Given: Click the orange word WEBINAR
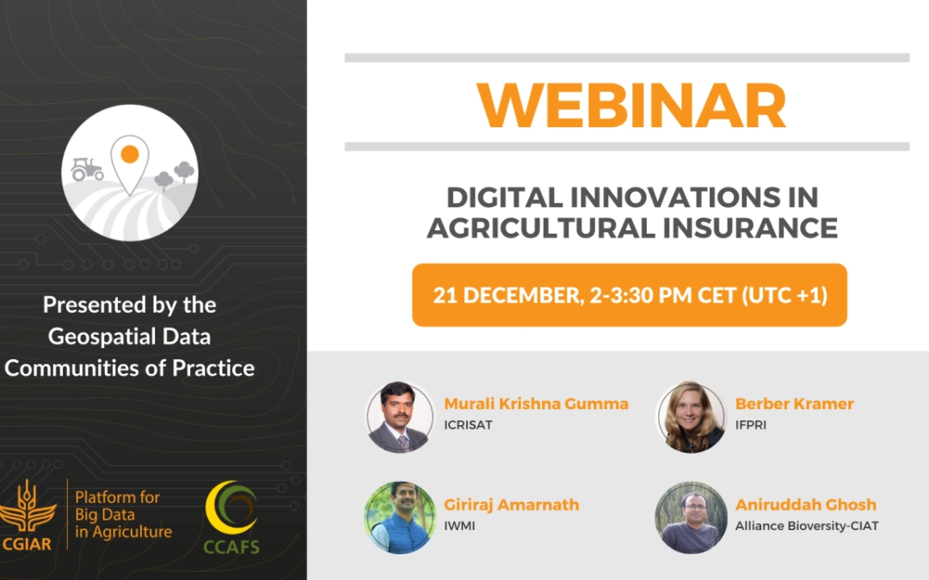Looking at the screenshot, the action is (x=631, y=106).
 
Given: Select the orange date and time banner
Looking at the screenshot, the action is (x=629, y=295).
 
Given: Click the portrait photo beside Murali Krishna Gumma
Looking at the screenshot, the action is (x=400, y=418).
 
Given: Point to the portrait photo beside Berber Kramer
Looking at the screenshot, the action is (x=691, y=418).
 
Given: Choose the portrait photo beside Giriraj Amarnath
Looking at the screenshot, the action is (x=400, y=518).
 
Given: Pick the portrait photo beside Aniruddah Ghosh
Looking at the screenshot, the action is (x=691, y=518).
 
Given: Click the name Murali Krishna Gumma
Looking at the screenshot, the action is (x=536, y=404).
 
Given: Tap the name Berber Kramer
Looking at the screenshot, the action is (x=795, y=404).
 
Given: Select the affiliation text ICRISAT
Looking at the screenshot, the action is (x=468, y=425).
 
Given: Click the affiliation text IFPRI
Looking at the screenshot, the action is (x=751, y=425).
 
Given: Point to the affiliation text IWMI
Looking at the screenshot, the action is (x=459, y=526).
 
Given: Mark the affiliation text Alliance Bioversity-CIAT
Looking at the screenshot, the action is (x=807, y=526).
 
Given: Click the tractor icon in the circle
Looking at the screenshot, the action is (x=87, y=168).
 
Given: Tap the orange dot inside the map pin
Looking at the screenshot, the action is (x=130, y=155).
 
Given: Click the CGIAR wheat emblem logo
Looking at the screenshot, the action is (x=27, y=514).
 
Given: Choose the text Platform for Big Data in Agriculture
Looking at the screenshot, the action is (x=123, y=515).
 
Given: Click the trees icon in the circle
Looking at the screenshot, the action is (x=175, y=176).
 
